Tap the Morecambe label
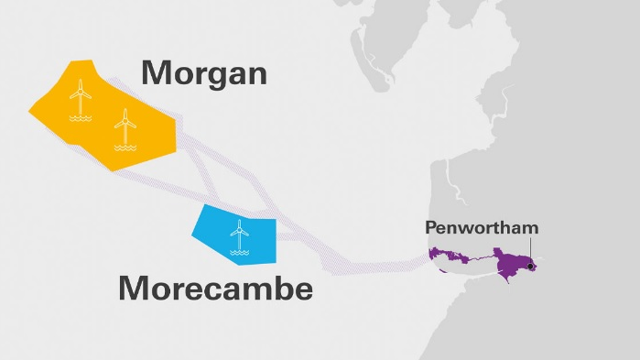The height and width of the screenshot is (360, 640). [216, 289]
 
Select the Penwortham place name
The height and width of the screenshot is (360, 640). [482, 227]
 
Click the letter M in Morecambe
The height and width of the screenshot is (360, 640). [136, 289]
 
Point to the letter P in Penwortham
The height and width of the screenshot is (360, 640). [429, 227]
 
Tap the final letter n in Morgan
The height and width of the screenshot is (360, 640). [256, 74]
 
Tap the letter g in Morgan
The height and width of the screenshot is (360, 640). [213, 77]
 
